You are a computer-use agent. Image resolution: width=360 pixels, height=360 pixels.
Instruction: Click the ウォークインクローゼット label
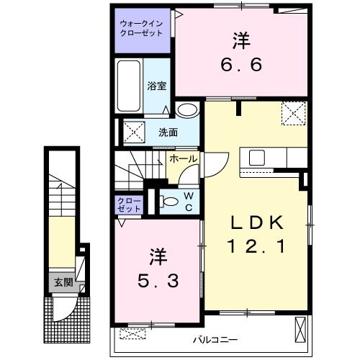[141, 27]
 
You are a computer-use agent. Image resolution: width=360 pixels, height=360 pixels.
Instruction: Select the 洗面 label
[168, 132]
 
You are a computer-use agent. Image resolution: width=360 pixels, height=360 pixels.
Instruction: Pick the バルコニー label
[216, 338]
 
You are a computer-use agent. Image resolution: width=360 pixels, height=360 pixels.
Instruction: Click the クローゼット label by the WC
[130, 203]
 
